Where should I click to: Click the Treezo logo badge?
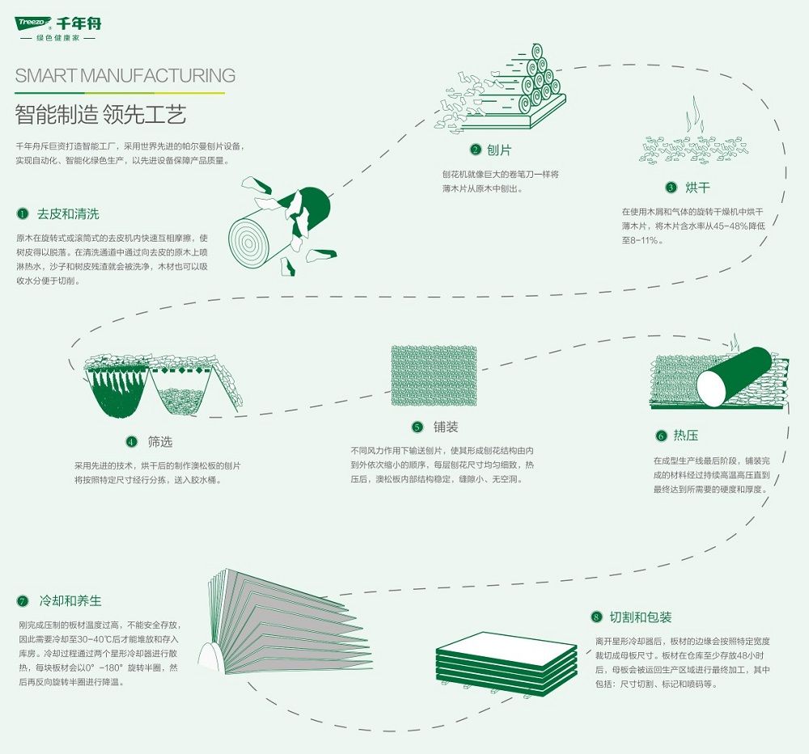click(33, 22)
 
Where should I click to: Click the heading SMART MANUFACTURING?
click(125, 76)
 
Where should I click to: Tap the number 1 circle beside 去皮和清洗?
click(22, 213)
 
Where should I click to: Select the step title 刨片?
click(499, 150)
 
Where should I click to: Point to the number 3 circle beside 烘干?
click(671, 187)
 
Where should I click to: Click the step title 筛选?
click(160, 442)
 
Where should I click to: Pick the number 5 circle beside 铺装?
click(417, 427)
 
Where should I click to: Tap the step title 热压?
click(686, 436)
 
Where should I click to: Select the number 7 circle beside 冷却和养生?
click(22, 601)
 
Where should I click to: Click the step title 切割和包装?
click(640, 617)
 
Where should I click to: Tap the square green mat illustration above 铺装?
click(434, 376)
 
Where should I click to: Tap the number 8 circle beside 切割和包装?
click(596, 617)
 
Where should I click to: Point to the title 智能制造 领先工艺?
click(100, 115)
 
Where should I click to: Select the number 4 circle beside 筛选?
click(132, 442)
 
